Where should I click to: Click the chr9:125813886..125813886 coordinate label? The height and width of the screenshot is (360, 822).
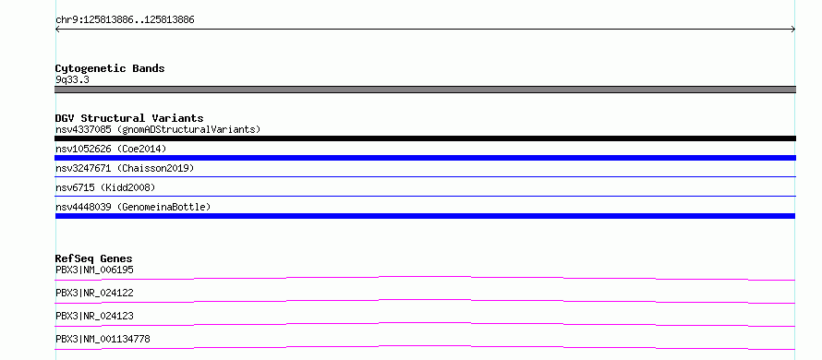click(125, 20)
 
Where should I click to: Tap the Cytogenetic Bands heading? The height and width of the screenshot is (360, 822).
click(110, 68)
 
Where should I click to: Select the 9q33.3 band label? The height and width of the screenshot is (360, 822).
click(72, 80)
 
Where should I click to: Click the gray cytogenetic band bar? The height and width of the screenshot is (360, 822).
click(425, 90)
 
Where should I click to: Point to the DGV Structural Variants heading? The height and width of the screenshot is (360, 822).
click(129, 118)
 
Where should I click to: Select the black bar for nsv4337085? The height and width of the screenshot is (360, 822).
click(425, 138)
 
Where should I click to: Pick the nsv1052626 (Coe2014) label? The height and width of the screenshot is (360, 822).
click(111, 149)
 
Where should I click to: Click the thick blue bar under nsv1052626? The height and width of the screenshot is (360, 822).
click(425, 158)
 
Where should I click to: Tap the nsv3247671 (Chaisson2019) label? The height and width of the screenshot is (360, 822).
click(125, 168)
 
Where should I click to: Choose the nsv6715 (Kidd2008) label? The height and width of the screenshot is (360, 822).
click(105, 187)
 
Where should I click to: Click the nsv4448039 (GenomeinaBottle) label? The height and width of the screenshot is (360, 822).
click(133, 207)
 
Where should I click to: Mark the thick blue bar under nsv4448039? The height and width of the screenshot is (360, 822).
click(425, 216)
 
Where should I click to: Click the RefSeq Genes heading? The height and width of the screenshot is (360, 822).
click(94, 258)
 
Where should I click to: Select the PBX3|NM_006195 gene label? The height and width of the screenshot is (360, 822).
click(94, 270)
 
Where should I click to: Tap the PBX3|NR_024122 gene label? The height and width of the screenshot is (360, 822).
click(94, 293)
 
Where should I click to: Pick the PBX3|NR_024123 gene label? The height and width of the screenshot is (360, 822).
click(94, 316)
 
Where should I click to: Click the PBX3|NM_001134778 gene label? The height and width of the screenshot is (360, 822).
click(103, 339)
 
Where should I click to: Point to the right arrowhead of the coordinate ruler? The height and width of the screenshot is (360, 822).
click(794, 30)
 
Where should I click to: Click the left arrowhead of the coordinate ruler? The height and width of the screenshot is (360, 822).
click(56, 30)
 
